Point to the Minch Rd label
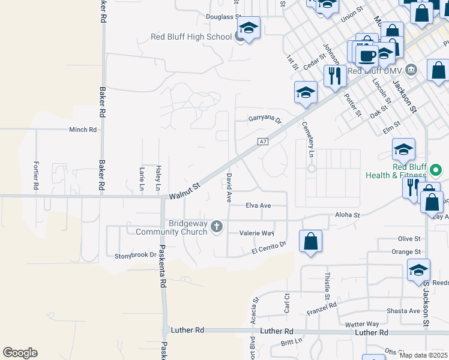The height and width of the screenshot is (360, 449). click(x=83, y=130)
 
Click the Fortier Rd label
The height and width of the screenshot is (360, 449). click(x=36, y=176)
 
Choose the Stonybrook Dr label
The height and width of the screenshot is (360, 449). click(x=135, y=256)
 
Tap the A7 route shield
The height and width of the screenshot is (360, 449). click(x=262, y=142)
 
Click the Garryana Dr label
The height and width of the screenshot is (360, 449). click(x=265, y=119)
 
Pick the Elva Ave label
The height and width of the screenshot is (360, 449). click(x=258, y=205)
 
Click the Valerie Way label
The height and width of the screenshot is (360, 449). click(x=256, y=233)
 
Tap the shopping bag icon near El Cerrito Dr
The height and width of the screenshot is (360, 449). click(x=310, y=241)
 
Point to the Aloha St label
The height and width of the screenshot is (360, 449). click(x=347, y=214)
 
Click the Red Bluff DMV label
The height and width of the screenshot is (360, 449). click(x=376, y=70)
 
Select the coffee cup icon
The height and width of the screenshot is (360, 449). click(x=367, y=56)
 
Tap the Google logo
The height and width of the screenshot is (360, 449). click(x=19, y=353)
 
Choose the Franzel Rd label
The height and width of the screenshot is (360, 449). click(x=321, y=308)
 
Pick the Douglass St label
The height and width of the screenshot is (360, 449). click(x=223, y=17)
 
